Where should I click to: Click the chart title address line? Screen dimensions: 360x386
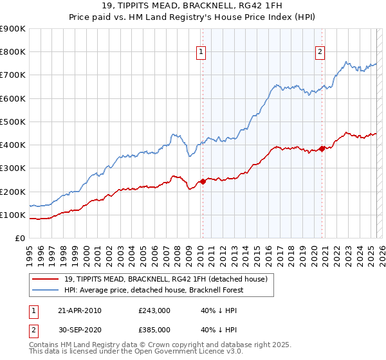point(193,7)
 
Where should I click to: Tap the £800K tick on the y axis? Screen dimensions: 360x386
point(13,52)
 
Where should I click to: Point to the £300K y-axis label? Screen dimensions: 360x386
point(13,168)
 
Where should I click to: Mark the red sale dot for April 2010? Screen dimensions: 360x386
point(203,181)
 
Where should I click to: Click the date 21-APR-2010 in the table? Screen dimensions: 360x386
point(80,310)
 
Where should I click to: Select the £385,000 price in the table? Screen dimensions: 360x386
point(154,329)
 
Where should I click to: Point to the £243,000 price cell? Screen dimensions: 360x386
point(154,310)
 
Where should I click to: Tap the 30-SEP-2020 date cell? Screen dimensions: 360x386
point(80,329)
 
